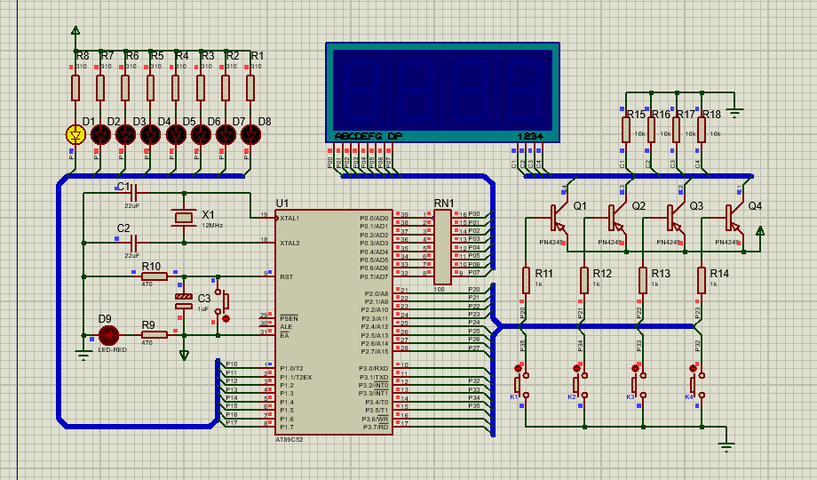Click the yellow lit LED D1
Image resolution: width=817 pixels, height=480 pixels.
(x=75, y=134)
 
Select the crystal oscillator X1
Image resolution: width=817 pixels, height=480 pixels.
(x=184, y=217)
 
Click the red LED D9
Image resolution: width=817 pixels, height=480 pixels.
(x=108, y=335)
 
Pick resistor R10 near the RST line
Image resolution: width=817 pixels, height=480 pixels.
(x=155, y=277)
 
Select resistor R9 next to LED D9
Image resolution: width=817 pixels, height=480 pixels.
(x=155, y=335)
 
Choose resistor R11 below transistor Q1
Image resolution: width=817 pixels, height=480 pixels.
(x=526, y=280)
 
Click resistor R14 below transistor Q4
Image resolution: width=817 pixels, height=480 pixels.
(x=702, y=280)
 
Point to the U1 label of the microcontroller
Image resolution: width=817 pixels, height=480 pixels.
(x=282, y=203)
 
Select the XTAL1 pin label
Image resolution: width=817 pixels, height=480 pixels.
(x=290, y=219)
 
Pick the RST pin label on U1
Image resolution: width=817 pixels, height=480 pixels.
(x=286, y=276)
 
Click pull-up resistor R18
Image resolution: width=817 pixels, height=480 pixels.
(x=701, y=130)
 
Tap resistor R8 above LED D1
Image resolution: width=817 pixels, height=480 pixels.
(x=75, y=88)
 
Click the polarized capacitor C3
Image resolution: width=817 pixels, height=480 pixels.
(x=184, y=300)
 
